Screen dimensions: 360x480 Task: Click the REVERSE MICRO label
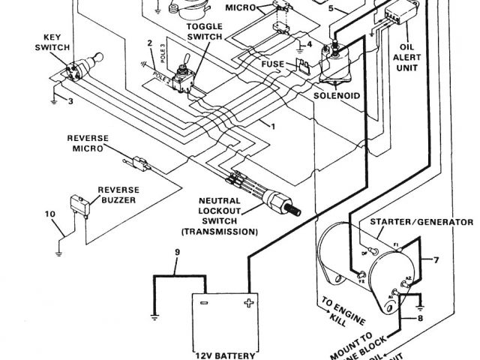point(88,142)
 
